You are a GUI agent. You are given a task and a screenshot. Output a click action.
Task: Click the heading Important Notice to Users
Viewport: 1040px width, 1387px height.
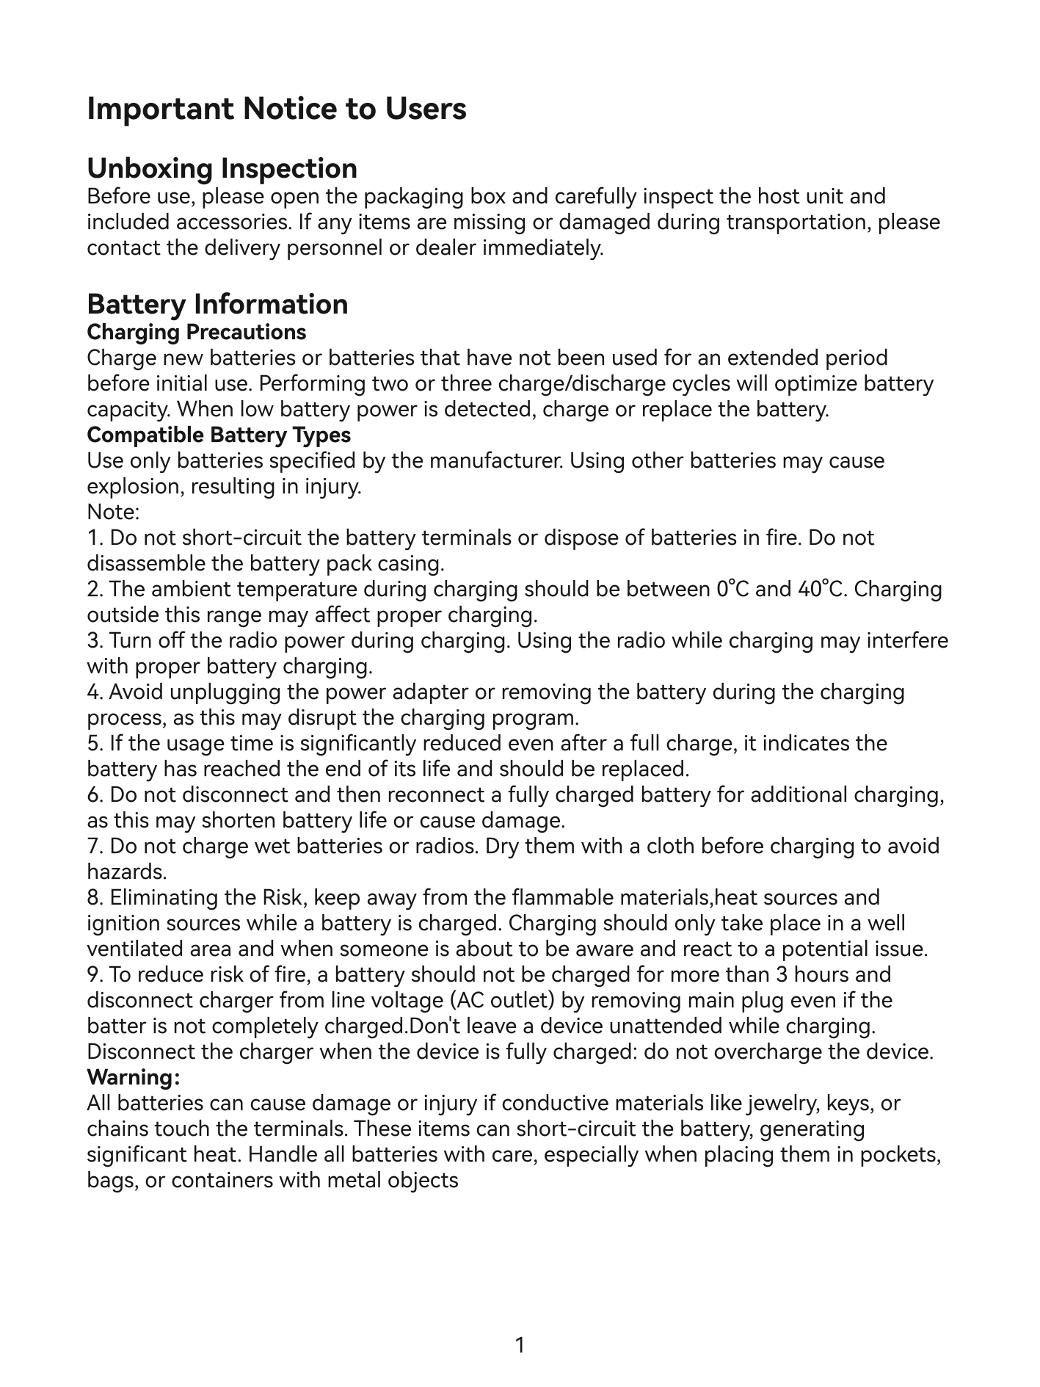[277, 109]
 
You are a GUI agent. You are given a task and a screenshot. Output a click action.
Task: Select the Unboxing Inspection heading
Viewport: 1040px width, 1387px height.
[222, 168]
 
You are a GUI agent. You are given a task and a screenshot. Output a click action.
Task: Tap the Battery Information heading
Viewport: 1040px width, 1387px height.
[217, 304]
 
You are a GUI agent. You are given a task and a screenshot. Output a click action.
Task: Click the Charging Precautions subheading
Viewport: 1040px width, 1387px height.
[196, 332]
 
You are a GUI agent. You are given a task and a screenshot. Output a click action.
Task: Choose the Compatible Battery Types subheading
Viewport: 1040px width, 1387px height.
[219, 435]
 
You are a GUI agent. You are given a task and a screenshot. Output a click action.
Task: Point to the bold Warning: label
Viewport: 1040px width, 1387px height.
[133, 1077]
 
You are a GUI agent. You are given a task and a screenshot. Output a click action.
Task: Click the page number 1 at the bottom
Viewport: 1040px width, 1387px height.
[520, 1345]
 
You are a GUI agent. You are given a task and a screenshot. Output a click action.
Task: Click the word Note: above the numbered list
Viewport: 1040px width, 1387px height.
[113, 512]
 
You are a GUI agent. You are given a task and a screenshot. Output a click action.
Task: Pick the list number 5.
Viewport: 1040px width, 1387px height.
[93, 743]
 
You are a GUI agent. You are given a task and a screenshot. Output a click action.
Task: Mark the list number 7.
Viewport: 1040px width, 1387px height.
[93, 846]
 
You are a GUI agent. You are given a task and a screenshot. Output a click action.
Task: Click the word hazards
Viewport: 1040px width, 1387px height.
[126, 872]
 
